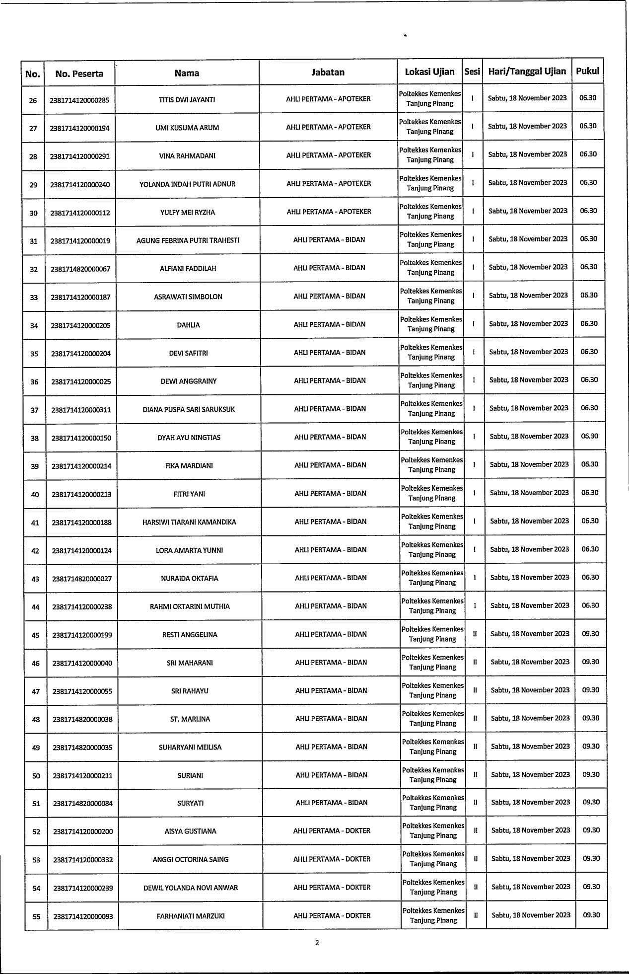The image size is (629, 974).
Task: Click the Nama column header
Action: click(187, 73)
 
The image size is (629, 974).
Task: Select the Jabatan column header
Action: click(328, 72)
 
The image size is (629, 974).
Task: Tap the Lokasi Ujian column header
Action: click(429, 72)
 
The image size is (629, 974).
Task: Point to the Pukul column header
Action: click(587, 71)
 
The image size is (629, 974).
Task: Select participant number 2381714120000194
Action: click(79, 128)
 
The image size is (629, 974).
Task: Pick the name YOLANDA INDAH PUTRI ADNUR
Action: click(187, 184)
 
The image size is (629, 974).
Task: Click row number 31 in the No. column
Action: click(34, 241)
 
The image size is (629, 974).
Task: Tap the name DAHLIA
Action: click(188, 325)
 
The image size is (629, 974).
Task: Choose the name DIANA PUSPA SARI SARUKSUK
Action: click(189, 409)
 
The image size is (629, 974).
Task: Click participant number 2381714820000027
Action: click(82, 579)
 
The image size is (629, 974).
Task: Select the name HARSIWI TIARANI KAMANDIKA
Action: click(189, 522)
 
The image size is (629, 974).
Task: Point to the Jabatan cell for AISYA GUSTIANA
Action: click(332, 830)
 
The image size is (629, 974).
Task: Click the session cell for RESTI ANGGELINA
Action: click(475, 634)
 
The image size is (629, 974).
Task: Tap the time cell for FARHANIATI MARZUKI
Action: click(591, 914)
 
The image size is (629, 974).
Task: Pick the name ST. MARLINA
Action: click(190, 719)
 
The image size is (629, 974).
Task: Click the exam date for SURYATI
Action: click(530, 802)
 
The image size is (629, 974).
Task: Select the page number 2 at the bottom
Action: click(317, 943)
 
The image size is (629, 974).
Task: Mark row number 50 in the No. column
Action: click(36, 775)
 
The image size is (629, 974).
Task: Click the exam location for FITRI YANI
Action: click(432, 493)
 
